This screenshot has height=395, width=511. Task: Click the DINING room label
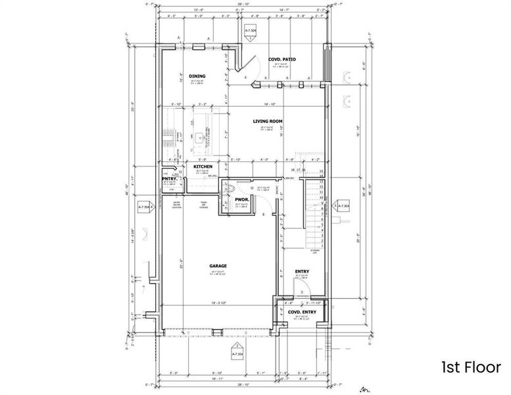(197, 76)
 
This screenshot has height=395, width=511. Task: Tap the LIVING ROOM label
(268, 121)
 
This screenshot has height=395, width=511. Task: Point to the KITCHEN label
(202, 167)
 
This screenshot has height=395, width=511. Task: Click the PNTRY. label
(169, 178)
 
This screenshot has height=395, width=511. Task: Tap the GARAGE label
(218, 266)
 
